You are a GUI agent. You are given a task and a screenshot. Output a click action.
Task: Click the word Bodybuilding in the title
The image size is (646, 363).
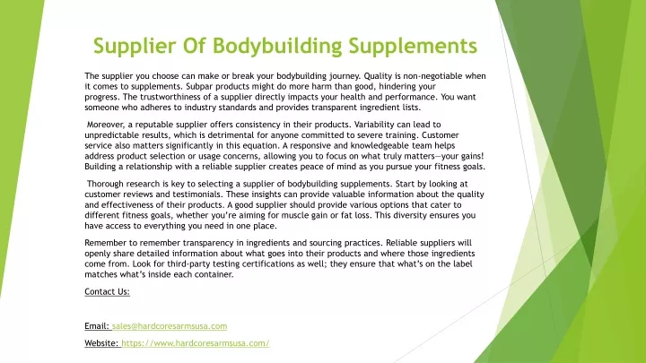(x=277, y=46)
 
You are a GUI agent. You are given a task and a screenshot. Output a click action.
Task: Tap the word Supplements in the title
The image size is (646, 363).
(x=413, y=46)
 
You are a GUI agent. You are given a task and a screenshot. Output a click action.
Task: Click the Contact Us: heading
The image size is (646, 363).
(x=107, y=292)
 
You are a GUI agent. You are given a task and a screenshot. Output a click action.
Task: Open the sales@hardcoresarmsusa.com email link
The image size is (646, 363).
(x=170, y=326)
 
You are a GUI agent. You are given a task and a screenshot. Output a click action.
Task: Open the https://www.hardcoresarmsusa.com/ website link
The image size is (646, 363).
(x=196, y=343)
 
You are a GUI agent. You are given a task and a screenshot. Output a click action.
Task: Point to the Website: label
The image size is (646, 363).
(x=101, y=343)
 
